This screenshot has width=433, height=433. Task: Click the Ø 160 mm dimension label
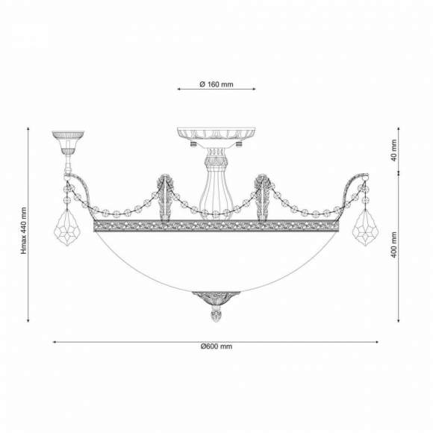click(x=216, y=84)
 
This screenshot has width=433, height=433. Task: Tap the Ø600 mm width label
click(x=216, y=346)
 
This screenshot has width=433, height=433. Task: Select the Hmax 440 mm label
click(x=24, y=231)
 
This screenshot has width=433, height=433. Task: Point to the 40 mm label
click(x=394, y=150)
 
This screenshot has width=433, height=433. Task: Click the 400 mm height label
click(x=394, y=245)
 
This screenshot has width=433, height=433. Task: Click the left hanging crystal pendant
click(x=67, y=227)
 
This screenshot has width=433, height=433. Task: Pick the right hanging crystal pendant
click(x=366, y=227)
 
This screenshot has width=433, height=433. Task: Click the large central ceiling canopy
click(x=216, y=133)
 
